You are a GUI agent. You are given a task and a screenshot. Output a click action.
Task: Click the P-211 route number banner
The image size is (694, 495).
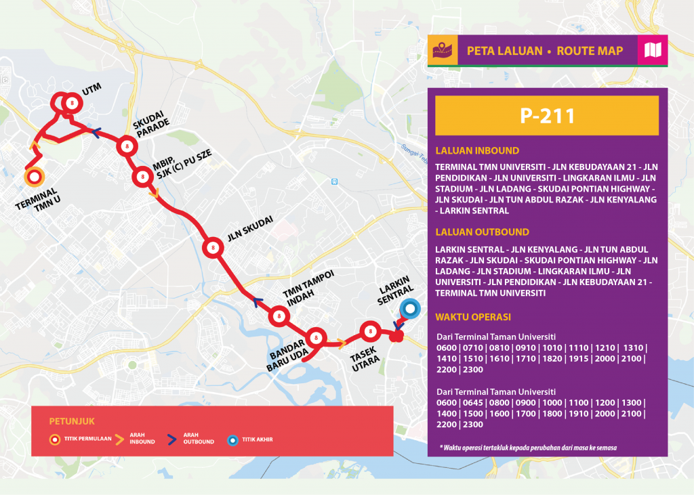point(546,116)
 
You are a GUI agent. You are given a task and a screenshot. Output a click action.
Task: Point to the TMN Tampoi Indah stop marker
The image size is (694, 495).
point(279,316)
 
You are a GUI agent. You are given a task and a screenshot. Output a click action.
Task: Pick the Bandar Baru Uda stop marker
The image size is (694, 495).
point(316,338)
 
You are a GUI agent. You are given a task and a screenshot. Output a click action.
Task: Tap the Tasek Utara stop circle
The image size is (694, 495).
point(369,331)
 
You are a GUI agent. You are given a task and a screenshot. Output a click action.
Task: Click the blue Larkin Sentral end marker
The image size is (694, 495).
point(409,310)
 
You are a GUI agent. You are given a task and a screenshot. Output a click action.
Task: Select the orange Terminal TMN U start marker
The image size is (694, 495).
point(33,177)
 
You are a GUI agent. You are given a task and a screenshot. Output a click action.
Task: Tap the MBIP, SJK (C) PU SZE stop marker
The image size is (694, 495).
point(142,177)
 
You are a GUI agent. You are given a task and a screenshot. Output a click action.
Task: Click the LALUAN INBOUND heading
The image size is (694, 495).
point(477,151)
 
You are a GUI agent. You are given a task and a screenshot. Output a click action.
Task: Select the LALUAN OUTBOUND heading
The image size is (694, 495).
point(483,232)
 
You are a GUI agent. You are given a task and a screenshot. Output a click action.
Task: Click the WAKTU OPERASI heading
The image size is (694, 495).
point(473,317)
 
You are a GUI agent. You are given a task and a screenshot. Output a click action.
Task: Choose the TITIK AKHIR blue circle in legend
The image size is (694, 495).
point(232,439)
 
